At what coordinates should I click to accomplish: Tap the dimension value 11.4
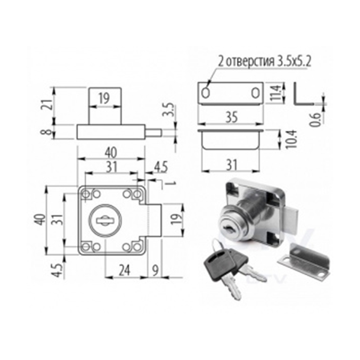click(x=275, y=93)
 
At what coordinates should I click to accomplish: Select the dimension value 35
click(x=231, y=117)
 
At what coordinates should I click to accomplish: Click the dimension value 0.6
click(x=316, y=120)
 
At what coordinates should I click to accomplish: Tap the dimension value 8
click(x=48, y=132)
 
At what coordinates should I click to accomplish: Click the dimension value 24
click(x=125, y=270)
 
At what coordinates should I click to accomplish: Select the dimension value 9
click(x=155, y=271)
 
